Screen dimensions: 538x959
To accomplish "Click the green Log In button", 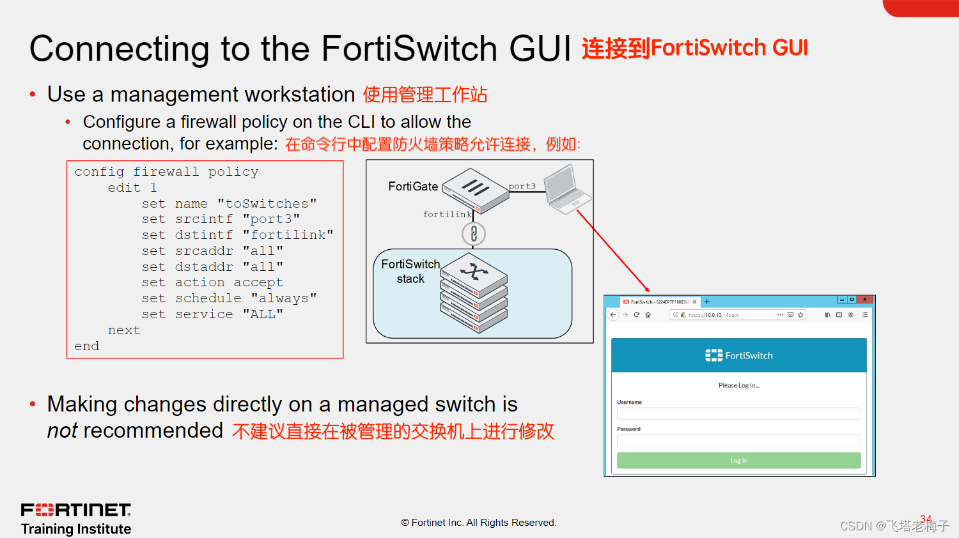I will coord(738,461).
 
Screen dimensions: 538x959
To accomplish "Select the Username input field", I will coord(738,413).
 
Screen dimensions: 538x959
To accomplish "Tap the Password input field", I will coord(738,440).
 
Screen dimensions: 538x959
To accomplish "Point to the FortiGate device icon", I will coord(476,190).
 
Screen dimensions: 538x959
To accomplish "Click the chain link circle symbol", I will coord(474,234).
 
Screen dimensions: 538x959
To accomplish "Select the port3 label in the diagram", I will coord(522,186).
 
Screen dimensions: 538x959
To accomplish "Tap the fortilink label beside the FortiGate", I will coord(447,214).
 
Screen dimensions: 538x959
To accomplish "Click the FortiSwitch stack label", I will coord(410,272).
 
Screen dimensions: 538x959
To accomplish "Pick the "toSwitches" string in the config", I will coord(267,203).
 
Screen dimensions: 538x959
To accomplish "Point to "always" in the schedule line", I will coord(284,298).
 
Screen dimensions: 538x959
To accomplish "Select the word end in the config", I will coord(87,346).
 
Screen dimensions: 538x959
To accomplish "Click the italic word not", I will coord(63,431).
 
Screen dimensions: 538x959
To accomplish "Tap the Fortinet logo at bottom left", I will coord(76,510).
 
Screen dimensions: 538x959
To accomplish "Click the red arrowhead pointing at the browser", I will coord(646,289).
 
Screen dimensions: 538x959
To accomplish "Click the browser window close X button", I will coord(864,299).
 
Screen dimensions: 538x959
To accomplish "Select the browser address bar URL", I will coord(713,315).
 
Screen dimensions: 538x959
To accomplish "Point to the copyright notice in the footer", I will coord(479,523).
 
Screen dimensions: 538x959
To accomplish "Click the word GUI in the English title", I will coord(540,49).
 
